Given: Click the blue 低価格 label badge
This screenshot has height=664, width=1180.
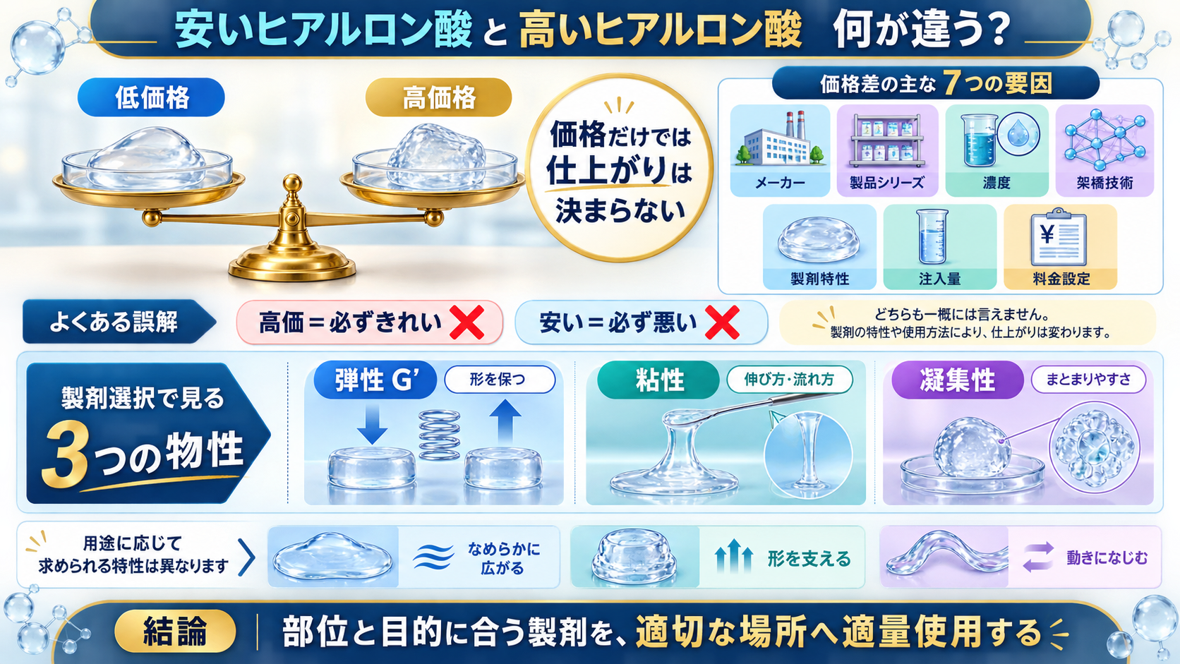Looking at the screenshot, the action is coord(151,97).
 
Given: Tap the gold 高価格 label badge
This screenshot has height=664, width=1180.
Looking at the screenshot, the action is coord(438,97).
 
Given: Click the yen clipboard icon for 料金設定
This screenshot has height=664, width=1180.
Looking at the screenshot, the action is coord(1059,238).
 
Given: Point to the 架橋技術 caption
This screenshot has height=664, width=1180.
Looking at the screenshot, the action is coord(1104,183).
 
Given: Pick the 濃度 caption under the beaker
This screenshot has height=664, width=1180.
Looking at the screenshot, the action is coord(996,183).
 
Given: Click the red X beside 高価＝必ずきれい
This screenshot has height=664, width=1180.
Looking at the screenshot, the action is coord(466,322).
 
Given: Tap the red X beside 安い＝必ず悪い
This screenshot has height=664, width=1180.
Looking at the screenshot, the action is coord(722,322).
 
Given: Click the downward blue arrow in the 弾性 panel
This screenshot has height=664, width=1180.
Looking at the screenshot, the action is coord(372,422).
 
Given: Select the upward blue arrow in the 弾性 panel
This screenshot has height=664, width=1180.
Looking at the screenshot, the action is coord(505,421).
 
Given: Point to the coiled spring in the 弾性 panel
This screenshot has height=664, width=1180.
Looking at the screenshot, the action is coord(439,435).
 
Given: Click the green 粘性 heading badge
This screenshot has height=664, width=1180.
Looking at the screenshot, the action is coord(658,380).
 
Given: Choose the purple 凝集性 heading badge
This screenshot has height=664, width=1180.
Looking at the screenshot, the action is coord(957,380).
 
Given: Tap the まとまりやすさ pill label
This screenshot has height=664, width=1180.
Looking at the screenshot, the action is coord(1088,380).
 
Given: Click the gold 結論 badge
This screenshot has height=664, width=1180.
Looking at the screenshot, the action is coord(175,631).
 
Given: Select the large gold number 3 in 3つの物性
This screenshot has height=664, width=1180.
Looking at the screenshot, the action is coord(66,454).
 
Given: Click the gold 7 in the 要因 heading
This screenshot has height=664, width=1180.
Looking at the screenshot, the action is coord(950,83).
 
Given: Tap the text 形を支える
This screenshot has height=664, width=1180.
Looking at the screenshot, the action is coord(809,559).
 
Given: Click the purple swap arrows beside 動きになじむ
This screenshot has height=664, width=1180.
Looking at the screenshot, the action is coord(1038,557).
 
